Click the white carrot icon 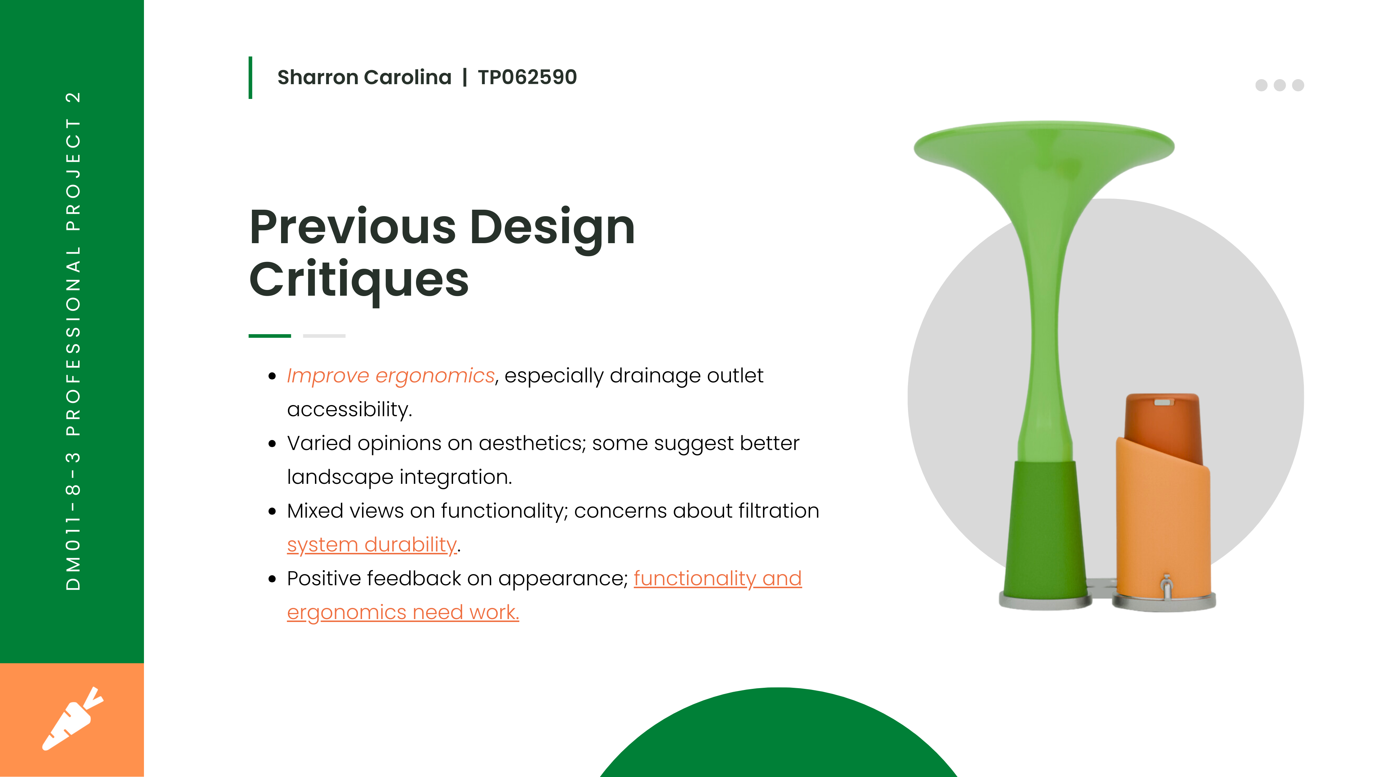coord(72,719)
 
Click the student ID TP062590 coord(527,77)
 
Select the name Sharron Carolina coord(364,77)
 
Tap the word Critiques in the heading coord(359,280)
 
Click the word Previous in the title coord(352,227)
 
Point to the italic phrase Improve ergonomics coord(390,376)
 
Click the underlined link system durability coord(371,545)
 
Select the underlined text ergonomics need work coord(403,612)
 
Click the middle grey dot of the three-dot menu coord(1279,85)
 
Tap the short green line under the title coord(270,336)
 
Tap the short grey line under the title coord(324,336)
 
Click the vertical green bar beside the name coord(250,78)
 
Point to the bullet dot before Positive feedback coord(272,579)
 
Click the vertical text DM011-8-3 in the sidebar coord(73,521)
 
